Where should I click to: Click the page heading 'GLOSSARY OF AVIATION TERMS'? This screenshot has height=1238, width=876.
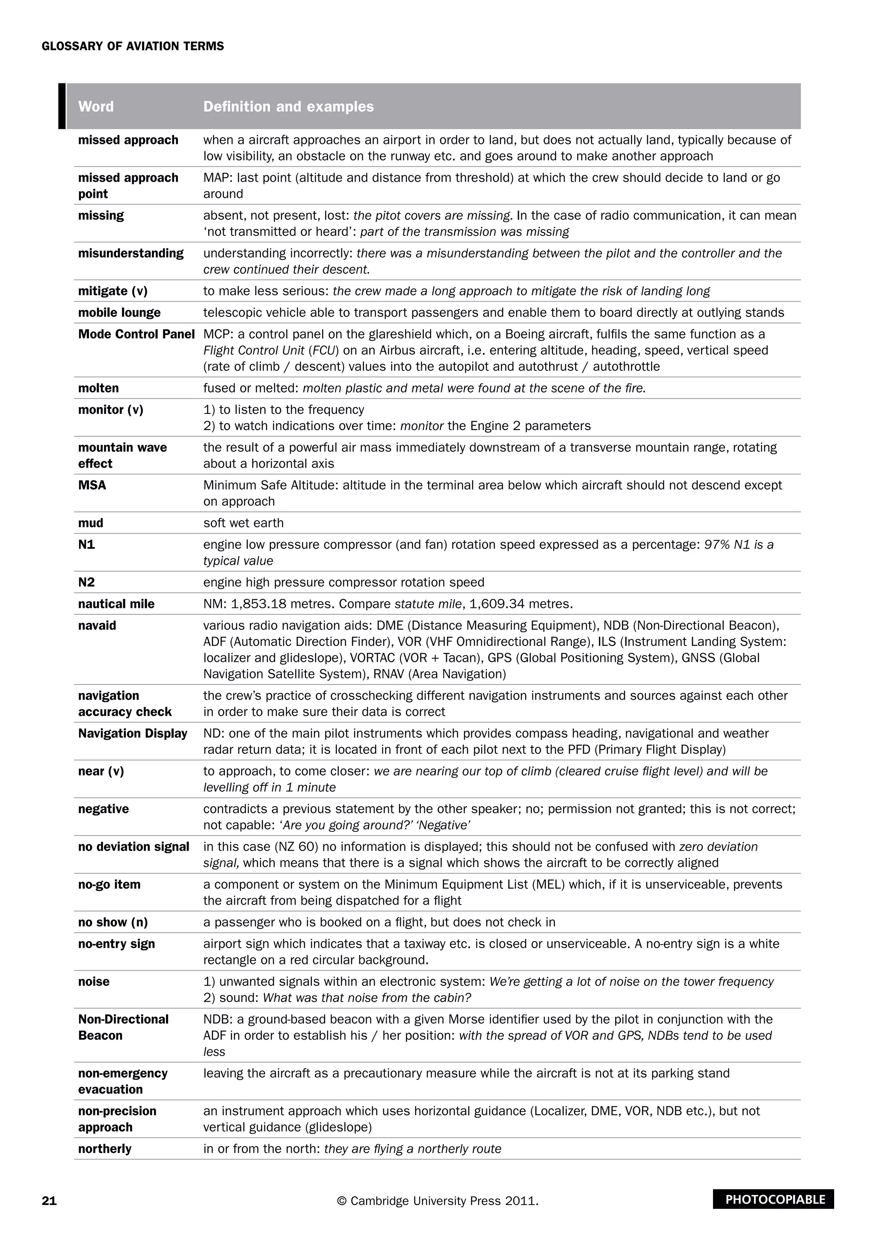coord(133,46)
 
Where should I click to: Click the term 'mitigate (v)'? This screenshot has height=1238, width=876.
coord(113,291)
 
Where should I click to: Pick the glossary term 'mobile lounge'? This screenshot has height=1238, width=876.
coord(119,313)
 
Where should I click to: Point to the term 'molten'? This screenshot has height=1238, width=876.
coord(98,388)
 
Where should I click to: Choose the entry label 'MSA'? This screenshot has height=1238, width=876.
coord(92,485)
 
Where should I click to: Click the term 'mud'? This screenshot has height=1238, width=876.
coord(91,523)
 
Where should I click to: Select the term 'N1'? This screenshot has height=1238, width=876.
coord(86,545)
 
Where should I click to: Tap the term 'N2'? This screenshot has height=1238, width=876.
coord(86,582)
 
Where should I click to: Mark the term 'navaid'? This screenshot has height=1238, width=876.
coord(97,625)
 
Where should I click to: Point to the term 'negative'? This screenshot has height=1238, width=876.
coord(104,809)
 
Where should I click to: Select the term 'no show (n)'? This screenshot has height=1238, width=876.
coord(113,922)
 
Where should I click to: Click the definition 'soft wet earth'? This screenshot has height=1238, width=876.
coord(243,523)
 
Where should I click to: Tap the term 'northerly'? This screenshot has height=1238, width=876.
coord(105,1149)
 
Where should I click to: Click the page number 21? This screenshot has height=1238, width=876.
coord(49,1201)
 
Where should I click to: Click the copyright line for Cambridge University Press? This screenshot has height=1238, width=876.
coord(438,1201)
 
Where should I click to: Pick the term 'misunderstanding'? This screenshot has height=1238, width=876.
coord(130,253)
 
